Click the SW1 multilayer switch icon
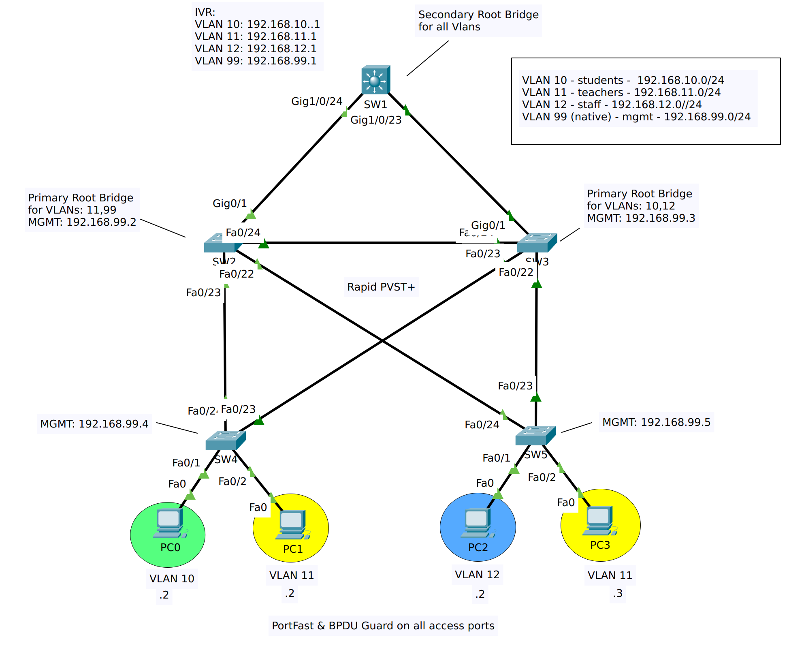point(375,80)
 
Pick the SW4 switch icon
point(225,440)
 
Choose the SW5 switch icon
point(535,436)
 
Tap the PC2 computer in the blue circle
point(478,523)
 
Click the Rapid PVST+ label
point(381,287)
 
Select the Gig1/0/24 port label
point(317,101)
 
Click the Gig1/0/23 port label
point(376,120)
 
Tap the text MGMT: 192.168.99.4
point(94,424)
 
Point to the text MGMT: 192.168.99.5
point(656,422)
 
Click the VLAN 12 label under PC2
point(477,575)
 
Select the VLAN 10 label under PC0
point(172,579)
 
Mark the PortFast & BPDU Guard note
point(383,626)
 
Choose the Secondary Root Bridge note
point(478,21)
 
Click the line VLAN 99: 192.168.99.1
point(256,61)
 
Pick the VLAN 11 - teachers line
point(621,92)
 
